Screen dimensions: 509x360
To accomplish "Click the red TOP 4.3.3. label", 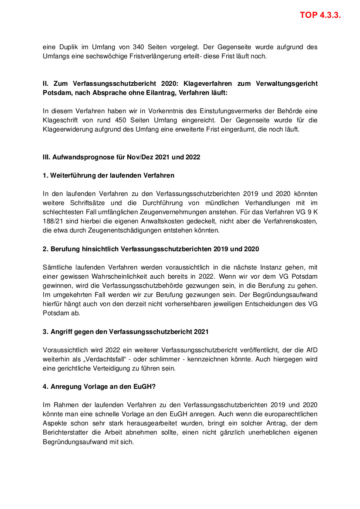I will pyautogui.click(x=320, y=15).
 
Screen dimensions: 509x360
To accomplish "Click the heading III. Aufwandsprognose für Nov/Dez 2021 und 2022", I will pyautogui.click(x=122, y=157).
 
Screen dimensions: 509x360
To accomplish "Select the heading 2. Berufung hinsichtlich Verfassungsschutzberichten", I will pyautogui.click(x=151, y=249).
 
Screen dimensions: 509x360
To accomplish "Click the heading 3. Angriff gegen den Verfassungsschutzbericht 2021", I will pyautogui.click(x=126, y=331).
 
